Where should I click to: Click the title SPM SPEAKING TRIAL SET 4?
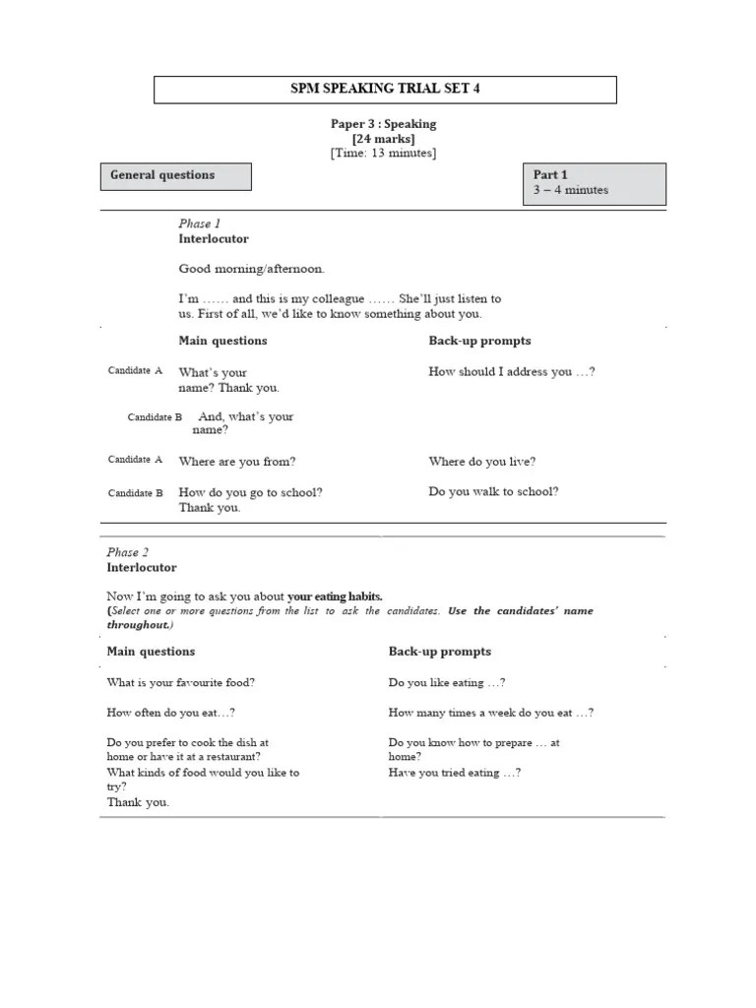(385, 90)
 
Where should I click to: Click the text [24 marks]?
(383, 139)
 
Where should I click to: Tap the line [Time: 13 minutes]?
(383, 153)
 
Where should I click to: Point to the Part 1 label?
(550, 174)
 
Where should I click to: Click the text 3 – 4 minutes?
(571, 190)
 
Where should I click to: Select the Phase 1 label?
(200, 223)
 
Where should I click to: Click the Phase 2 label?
(128, 552)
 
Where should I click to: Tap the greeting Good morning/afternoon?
(251, 268)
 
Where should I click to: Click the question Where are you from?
(236, 461)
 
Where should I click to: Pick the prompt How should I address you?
(511, 372)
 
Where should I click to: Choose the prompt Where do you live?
(482, 461)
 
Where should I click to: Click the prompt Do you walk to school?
(493, 491)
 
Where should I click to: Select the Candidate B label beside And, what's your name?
(155, 417)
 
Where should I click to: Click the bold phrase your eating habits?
(334, 596)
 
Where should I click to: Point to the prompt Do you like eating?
(447, 682)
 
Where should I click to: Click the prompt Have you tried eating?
(455, 773)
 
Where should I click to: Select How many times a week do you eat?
(490, 713)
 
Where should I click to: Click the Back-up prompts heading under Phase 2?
(439, 652)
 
